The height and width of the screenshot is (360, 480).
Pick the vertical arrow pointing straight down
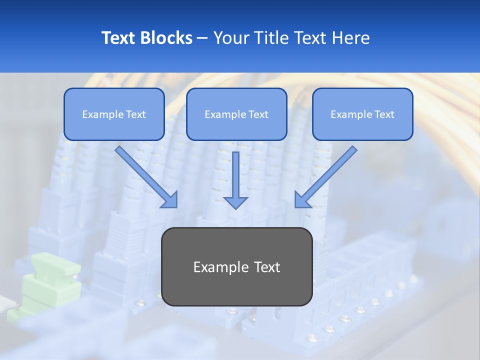click(235, 175)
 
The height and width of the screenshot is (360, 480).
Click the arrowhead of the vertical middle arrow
click(235, 201)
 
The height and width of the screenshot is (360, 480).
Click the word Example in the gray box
click(217, 267)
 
